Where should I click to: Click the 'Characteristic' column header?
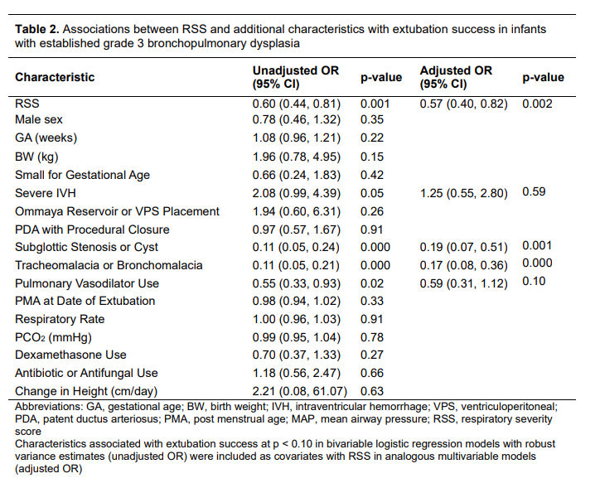(55, 77)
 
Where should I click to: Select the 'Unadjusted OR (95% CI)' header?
(296, 77)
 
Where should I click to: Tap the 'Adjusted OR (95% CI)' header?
(456, 77)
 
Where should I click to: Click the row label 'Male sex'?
(39, 119)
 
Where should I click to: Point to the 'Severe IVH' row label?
(46, 193)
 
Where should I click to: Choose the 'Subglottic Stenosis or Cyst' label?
(86, 247)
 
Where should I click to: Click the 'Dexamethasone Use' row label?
(70, 355)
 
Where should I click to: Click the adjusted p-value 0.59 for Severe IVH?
(534, 191)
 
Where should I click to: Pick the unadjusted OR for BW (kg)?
(297, 157)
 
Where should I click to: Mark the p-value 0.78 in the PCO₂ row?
(372, 337)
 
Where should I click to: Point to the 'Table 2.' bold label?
(37, 29)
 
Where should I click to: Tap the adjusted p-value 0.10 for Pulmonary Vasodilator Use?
(534, 281)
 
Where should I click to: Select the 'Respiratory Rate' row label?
(60, 320)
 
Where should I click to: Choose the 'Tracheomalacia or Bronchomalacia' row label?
(109, 265)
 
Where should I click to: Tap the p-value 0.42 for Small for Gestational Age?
(372, 175)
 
